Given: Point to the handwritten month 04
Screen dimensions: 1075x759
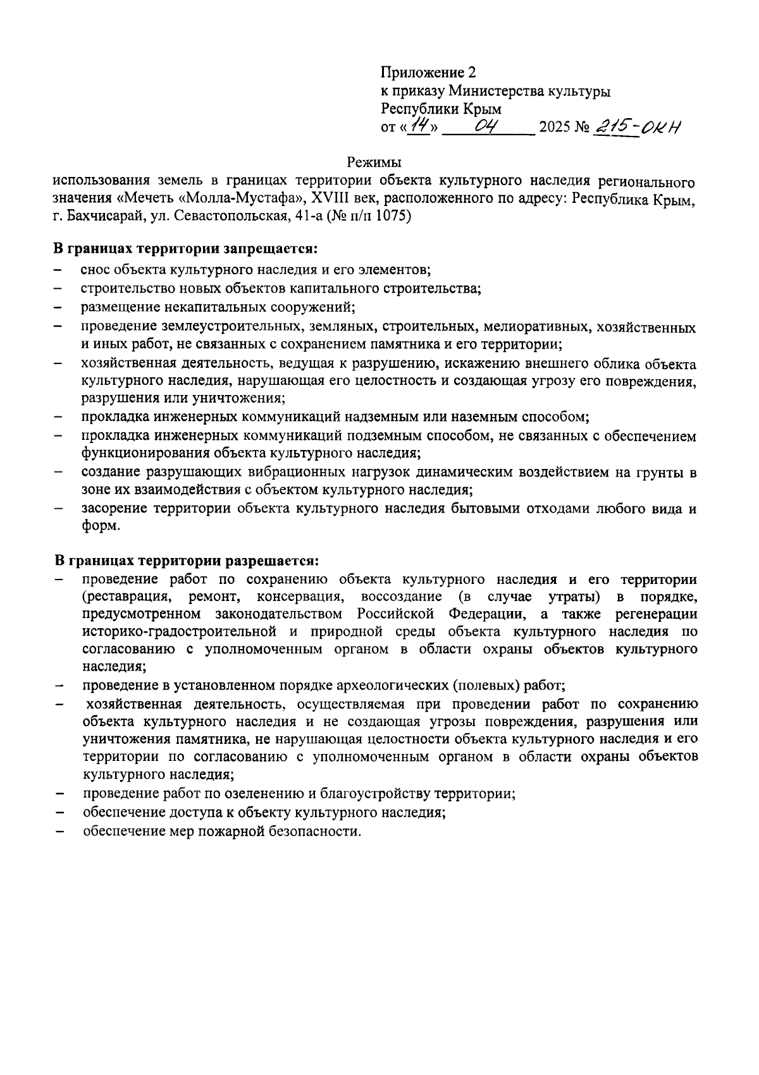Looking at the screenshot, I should (x=488, y=127).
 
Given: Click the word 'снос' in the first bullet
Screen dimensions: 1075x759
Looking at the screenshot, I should (x=94, y=270).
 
